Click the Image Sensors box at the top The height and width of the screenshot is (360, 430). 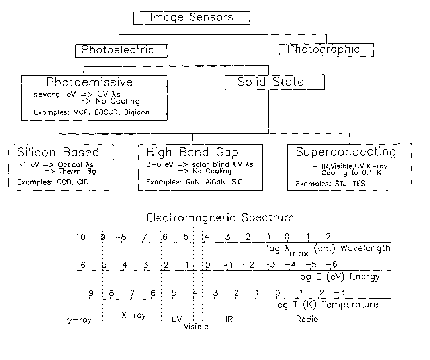click(x=192, y=18)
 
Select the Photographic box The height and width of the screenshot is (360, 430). click(x=326, y=50)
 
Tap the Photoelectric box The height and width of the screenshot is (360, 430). click(x=121, y=51)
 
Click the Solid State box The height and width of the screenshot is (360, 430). click(x=275, y=82)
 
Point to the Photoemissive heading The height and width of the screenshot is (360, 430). click(x=90, y=82)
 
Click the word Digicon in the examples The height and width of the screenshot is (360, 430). click(x=136, y=112)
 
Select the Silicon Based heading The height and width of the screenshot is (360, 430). click(x=58, y=152)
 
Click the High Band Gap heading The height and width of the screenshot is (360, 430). click(x=192, y=152)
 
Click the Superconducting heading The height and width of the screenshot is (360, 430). click(x=346, y=152)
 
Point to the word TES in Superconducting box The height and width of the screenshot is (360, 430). click(x=359, y=184)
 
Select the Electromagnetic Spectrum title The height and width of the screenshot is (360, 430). click(x=220, y=218)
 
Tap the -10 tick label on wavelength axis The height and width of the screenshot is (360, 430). click(x=77, y=237)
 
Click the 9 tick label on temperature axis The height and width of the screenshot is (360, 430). click(x=90, y=293)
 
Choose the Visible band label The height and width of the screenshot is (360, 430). click(x=196, y=327)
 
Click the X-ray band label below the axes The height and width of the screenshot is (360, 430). click(x=133, y=315)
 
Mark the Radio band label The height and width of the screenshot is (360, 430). click(x=307, y=319)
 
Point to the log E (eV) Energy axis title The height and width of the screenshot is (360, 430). click(x=339, y=277)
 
